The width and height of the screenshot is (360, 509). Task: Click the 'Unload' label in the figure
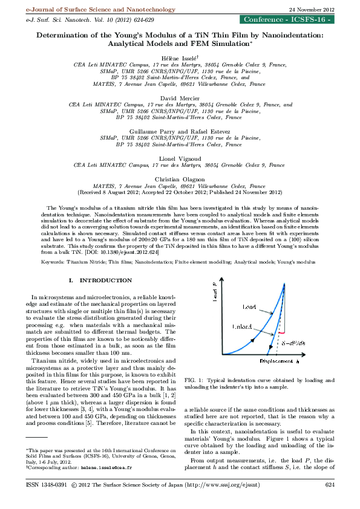click(x=243, y=326)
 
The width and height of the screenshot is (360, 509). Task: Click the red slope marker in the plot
click(x=280, y=332)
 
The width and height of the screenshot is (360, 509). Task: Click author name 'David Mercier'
click(x=180, y=97)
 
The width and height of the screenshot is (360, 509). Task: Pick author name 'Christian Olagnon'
click(x=180, y=180)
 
